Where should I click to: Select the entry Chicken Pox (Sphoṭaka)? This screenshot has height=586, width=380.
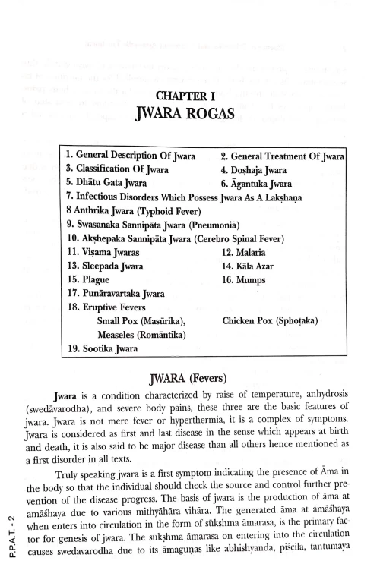tap(270, 321)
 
